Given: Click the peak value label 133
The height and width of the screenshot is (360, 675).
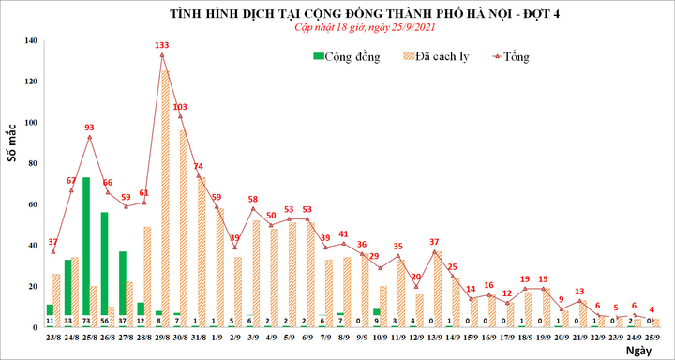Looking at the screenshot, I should point(161,45).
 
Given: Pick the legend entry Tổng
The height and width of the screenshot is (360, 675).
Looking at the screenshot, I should point(510,57).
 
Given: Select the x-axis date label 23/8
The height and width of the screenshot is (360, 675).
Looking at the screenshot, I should point(52,337).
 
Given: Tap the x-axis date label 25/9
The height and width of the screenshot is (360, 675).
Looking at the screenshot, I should point(652,337).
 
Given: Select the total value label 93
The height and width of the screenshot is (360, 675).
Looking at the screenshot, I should point(89,127).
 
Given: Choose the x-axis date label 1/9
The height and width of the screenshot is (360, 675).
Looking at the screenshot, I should point(217,337).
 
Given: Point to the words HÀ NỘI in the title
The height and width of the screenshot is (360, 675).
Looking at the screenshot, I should point(491,13).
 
